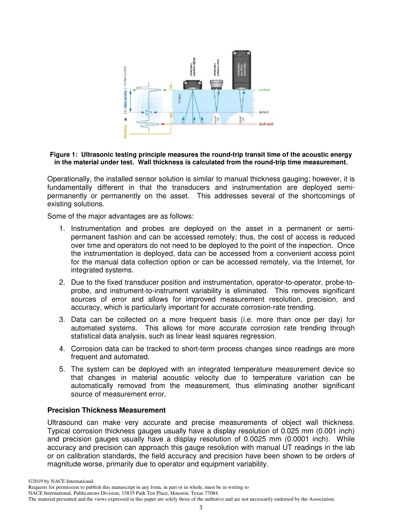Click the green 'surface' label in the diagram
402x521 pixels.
pos(264,90)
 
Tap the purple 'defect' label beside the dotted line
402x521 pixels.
pos(263,113)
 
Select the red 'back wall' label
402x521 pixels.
pos(266,124)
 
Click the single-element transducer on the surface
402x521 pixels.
pos(192,84)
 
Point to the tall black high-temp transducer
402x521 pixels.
pos(242,69)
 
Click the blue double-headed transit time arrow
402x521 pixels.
pos(130,101)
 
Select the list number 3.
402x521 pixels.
pos(62,319)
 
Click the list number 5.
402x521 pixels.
pos(62,369)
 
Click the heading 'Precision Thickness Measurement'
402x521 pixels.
pos(106,410)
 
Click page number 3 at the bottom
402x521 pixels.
pos(201,508)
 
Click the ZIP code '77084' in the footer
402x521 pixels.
pos(212,493)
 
